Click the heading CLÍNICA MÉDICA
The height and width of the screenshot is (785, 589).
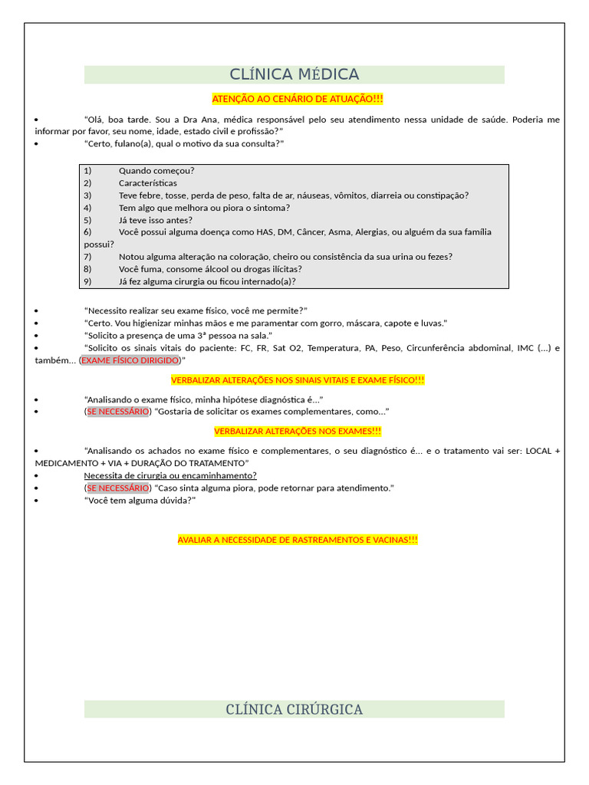(x=294, y=74)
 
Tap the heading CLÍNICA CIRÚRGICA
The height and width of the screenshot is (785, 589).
(x=294, y=709)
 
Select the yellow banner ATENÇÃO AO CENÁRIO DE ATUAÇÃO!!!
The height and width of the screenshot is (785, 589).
(x=298, y=99)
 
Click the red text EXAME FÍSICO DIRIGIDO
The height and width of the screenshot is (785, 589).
(x=130, y=360)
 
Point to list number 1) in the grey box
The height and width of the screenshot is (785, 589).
(x=87, y=170)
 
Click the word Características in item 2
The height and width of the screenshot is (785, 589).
(x=147, y=183)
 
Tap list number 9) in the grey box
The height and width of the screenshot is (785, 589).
(x=87, y=281)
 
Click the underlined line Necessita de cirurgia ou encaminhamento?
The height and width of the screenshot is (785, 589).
(x=170, y=475)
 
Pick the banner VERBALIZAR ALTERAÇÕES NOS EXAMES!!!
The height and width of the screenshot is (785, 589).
(x=298, y=432)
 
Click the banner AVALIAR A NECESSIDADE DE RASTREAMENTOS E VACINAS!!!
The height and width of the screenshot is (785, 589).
(x=298, y=540)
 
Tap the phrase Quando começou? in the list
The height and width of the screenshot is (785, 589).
(x=156, y=170)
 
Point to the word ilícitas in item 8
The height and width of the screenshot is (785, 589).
(x=282, y=269)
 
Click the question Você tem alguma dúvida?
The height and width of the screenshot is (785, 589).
(x=140, y=500)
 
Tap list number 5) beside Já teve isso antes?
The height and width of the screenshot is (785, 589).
(x=87, y=220)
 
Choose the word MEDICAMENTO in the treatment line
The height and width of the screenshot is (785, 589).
(x=64, y=463)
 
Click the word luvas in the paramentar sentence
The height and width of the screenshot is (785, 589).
(x=432, y=324)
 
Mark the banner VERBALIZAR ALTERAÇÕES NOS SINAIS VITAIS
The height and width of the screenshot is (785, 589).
(x=298, y=380)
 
